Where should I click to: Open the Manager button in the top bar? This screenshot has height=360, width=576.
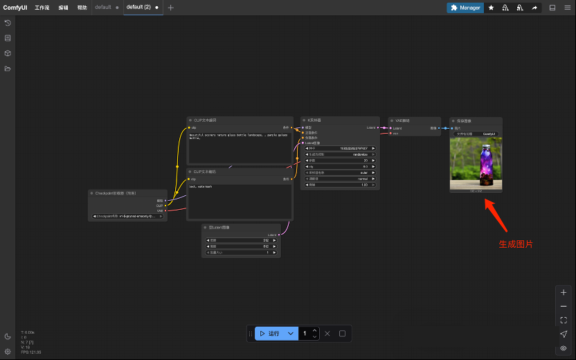tap(465, 8)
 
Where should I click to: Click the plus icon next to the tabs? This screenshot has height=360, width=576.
tap(171, 8)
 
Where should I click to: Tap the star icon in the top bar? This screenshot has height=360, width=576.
tap(491, 8)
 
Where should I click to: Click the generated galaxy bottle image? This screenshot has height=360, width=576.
tap(476, 163)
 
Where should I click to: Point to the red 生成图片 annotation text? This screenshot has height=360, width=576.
tap(516, 244)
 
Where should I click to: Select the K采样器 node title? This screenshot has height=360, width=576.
tap(314, 120)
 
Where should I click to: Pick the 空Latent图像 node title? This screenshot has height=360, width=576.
tap(219, 227)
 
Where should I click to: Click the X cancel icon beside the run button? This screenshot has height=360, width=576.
tap(327, 334)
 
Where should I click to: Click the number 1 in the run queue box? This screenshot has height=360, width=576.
tap(304, 334)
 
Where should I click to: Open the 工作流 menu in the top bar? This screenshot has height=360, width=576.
tap(42, 8)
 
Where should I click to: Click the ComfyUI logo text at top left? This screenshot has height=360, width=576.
tap(15, 8)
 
